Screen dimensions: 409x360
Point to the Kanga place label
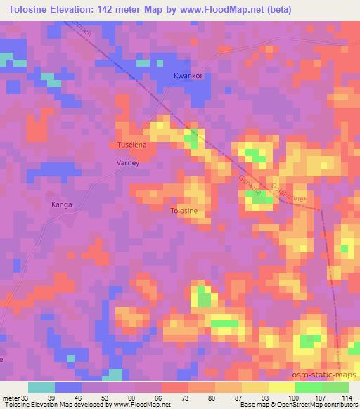point(62,204)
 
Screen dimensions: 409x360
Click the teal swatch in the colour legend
point(41,387)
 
